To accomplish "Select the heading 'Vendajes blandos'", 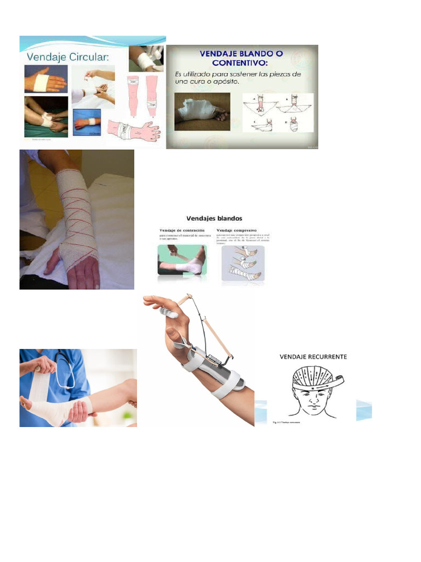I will [214, 218].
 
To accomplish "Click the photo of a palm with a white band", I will [45, 79].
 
